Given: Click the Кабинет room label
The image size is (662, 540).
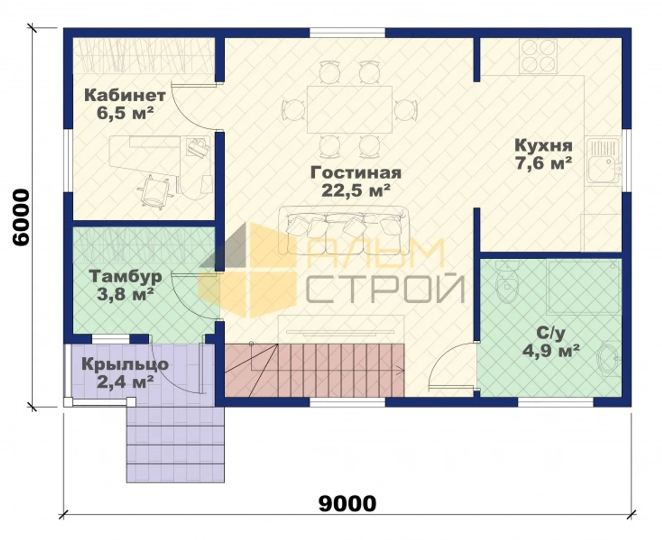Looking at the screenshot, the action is (x=125, y=96).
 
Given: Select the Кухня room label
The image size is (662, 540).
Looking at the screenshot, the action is (x=543, y=146).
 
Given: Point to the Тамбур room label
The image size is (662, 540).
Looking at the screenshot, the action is (x=125, y=277).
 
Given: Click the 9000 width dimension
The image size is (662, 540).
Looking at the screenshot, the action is (x=347, y=504).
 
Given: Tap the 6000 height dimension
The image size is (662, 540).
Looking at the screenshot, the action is (x=21, y=217).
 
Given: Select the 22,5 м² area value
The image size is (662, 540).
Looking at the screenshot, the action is (x=356, y=191).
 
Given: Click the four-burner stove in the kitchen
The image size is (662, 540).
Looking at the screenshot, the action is (x=538, y=57).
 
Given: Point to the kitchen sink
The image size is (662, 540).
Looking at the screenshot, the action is (x=603, y=161).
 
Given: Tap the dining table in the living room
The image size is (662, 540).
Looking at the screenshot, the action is (x=350, y=109).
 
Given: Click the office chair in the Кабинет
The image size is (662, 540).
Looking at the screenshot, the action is (x=155, y=191).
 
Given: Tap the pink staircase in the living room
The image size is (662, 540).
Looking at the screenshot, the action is (x=314, y=370).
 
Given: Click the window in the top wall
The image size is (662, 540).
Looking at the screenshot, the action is (x=348, y=33).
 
